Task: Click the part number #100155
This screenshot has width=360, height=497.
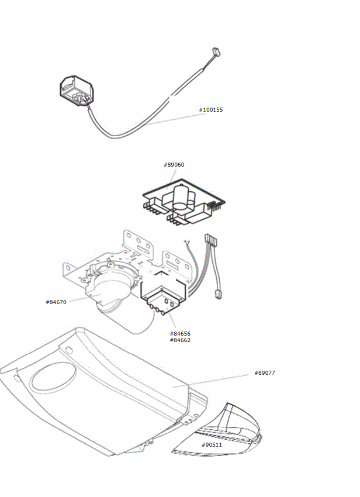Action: pyautogui.click(x=210, y=110)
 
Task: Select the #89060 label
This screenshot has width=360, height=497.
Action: pyautogui.click(x=174, y=165)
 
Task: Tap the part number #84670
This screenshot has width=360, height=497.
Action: pyautogui.click(x=56, y=302)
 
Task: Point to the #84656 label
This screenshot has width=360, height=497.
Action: pyautogui.click(x=180, y=333)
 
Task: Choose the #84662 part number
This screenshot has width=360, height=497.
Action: pyautogui.click(x=180, y=340)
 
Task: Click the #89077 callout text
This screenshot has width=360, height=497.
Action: pyautogui.click(x=265, y=372)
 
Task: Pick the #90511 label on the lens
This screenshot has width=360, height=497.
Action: pyautogui.click(x=212, y=444)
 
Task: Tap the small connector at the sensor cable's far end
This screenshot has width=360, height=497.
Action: pyautogui.click(x=216, y=51)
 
